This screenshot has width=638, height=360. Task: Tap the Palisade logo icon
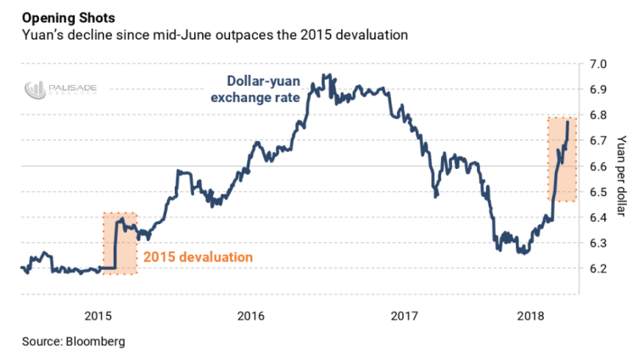click(35, 87)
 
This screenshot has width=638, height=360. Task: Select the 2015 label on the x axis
click(99, 317)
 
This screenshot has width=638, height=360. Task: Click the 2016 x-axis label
click(250, 317)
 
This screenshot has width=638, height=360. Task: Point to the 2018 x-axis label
click(532, 317)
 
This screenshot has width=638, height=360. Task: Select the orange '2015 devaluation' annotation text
click(198, 256)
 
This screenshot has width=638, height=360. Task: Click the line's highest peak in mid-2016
click(327, 75)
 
